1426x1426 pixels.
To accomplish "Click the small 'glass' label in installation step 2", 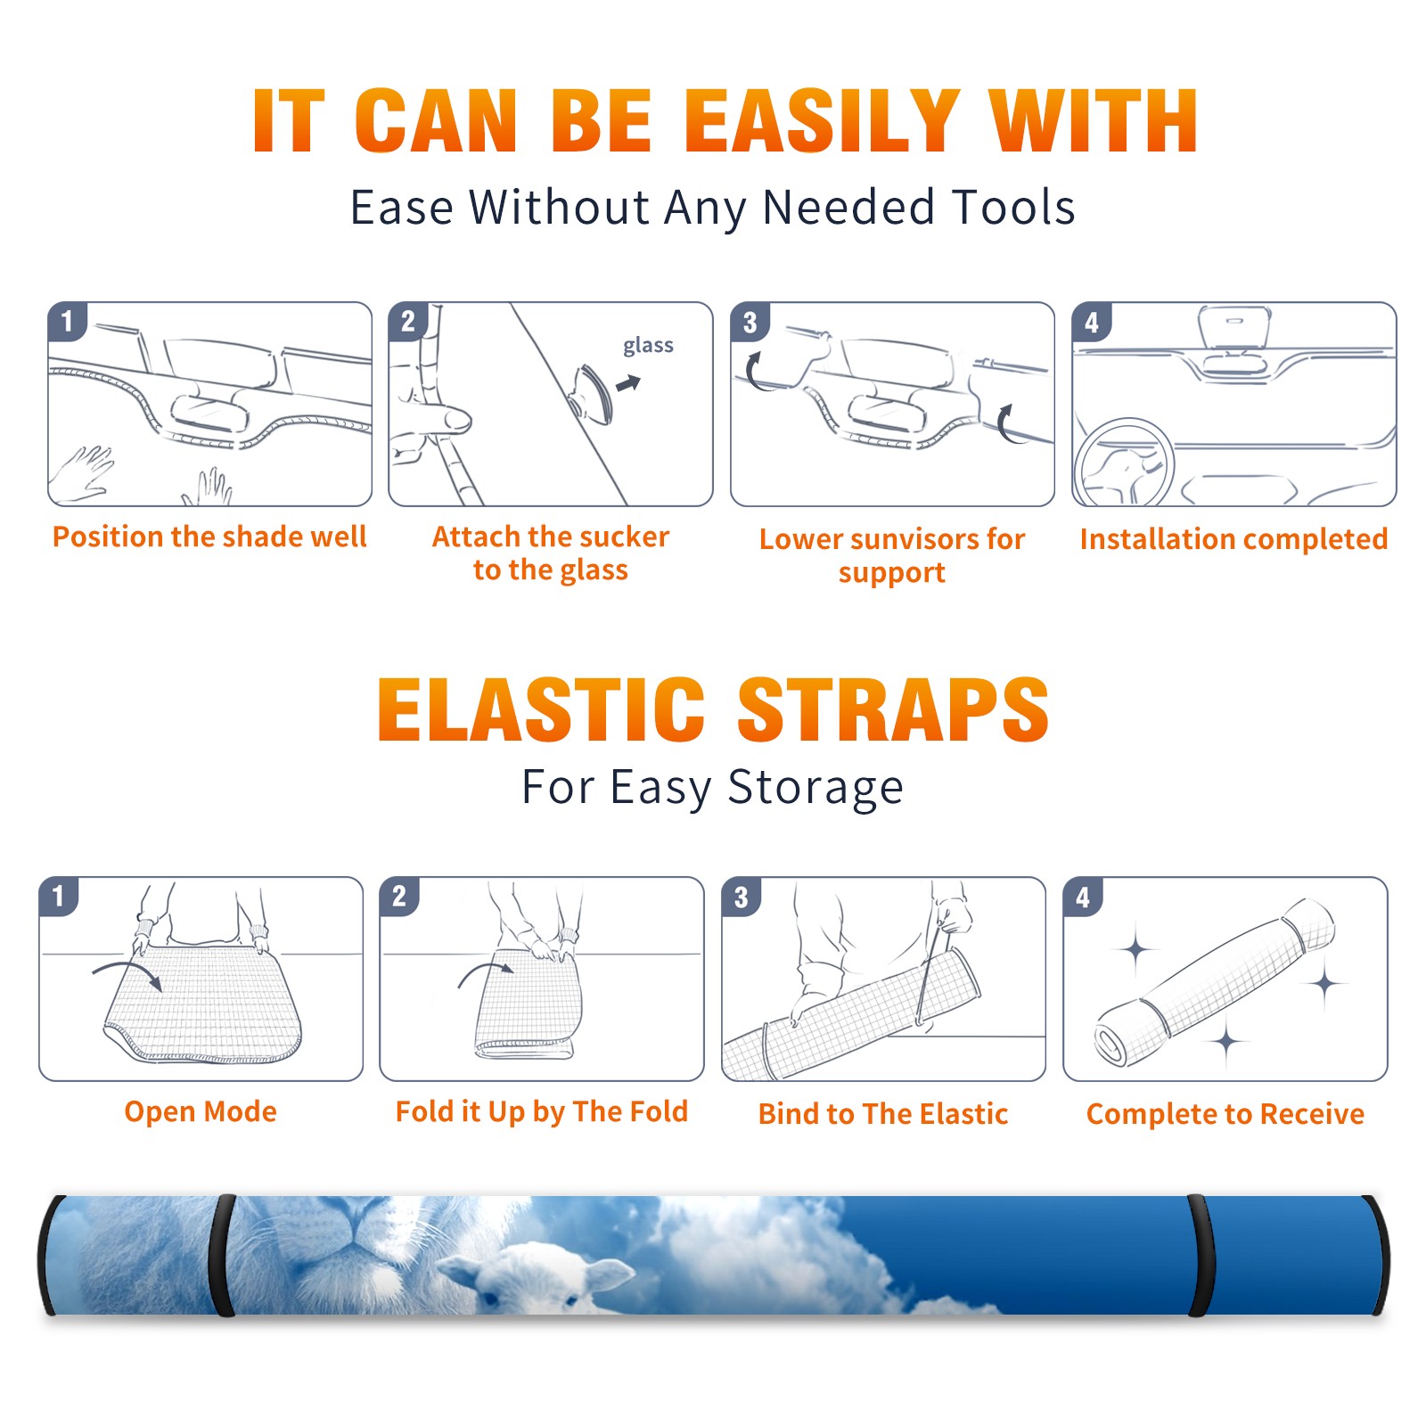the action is pyautogui.click(x=648, y=346).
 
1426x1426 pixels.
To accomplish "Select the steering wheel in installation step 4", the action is pyautogui.click(x=1123, y=463).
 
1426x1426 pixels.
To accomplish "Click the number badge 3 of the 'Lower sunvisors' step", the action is pyautogui.click(x=750, y=322).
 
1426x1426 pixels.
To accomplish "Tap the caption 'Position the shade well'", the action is pyautogui.click(x=209, y=537).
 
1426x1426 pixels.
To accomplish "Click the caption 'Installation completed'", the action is pyautogui.click(x=1233, y=538).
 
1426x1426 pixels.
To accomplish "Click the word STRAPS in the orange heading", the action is pyautogui.click(x=893, y=709).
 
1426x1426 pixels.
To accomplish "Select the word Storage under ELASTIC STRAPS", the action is pyautogui.click(x=815, y=788).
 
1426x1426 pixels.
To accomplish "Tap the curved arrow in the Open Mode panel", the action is pyautogui.click(x=127, y=973).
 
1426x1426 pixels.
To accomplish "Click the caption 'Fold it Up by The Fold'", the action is pyautogui.click(x=542, y=1111).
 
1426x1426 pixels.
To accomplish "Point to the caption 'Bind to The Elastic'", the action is pyautogui.click(x=883, y=1114).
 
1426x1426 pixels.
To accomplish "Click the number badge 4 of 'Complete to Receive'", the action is pyautogui.click(x=1083, y=897).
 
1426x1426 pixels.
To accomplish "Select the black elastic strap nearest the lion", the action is pyautogui.click(x=223, y=1256).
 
